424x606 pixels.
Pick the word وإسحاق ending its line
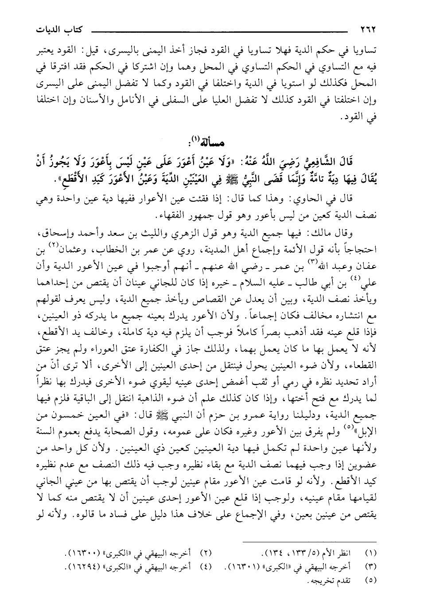(53, 232)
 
